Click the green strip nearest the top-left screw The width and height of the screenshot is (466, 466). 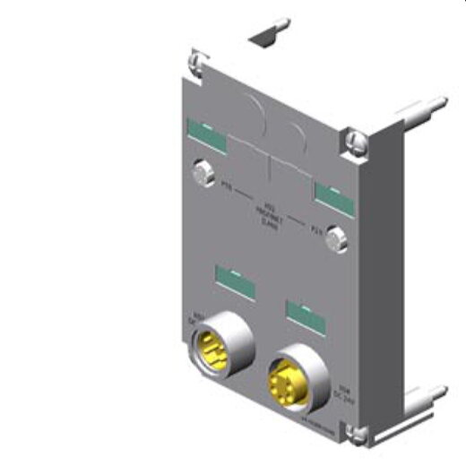203,132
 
